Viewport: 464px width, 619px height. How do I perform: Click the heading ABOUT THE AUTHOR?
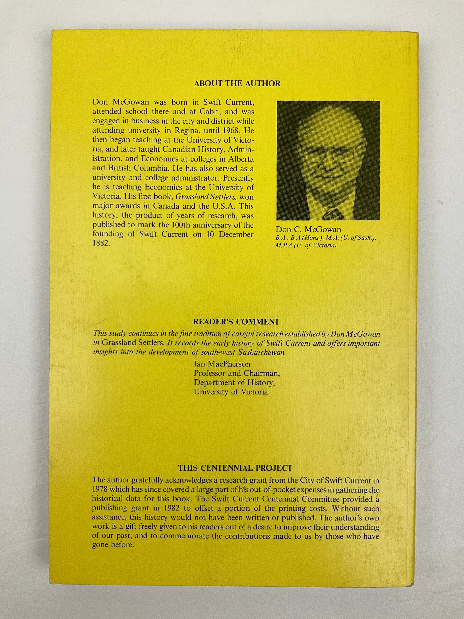(237, 83)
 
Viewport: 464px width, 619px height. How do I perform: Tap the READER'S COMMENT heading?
(236, 322)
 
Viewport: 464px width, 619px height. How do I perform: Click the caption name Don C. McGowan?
(309, 230)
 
